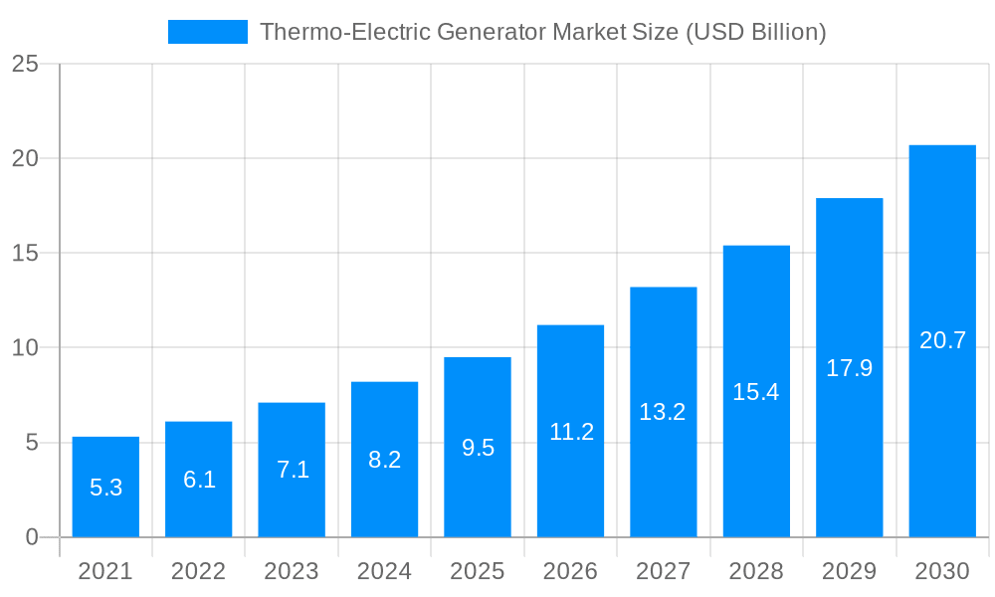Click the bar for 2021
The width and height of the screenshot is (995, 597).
(x=105, y=487)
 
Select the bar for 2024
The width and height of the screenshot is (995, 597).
(x=384, y=459)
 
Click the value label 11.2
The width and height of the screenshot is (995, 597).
(x=571, y=432)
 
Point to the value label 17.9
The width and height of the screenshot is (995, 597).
(x=849, y=368)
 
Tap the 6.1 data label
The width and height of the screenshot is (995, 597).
(x=199, y=480)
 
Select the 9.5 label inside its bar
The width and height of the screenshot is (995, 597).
(x=478, y=448)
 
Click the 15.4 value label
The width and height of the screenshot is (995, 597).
(x=755, y=392)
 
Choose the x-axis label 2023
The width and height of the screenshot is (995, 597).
(x=292, y=571)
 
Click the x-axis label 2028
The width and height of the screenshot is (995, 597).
(x=755, y=571)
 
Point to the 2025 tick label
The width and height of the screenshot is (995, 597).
(x=478, y=571)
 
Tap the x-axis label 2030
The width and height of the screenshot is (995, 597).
(x=941, y=571)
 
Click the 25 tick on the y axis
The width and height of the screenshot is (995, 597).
(x=25, y=64)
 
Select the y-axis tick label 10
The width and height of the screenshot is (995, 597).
(x=25, y=348)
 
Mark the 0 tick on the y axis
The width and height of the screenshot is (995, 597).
(x=31, y=537)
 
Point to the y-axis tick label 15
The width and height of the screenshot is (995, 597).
(x=25, y=254)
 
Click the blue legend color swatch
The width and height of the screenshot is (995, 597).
(x=207, y=32)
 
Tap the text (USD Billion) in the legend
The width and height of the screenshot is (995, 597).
(x=755, y=32)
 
